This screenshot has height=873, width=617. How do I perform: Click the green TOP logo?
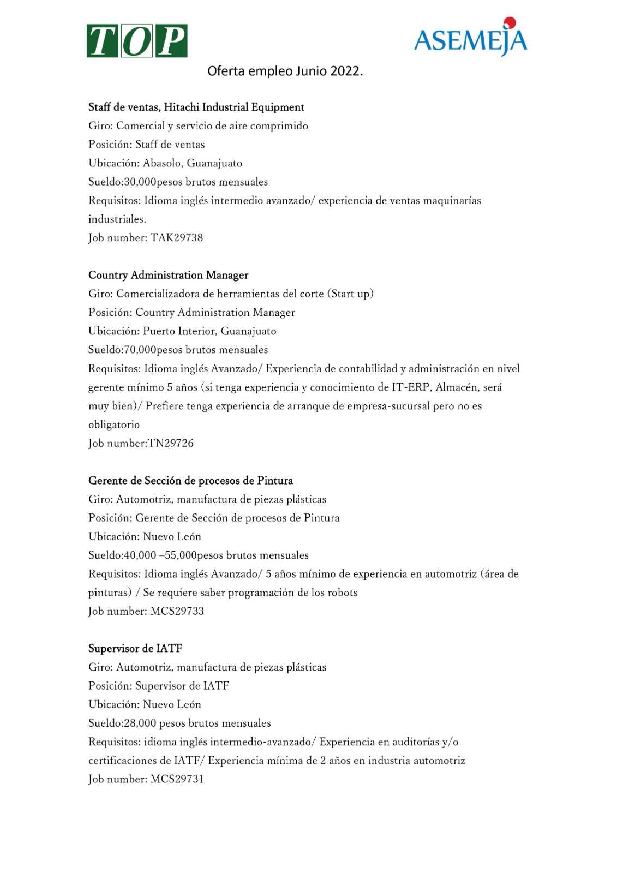pos(137,41)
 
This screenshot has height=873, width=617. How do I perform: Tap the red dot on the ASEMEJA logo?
pos(510,23)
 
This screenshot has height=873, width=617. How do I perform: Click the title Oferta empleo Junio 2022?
pos(285,71)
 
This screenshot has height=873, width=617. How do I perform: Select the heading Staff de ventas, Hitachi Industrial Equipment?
pos(196,107)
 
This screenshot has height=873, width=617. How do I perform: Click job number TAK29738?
pos(177,238)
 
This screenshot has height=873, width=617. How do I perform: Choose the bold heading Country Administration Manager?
pos(169,275)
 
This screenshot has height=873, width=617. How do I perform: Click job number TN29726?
pos(171,443)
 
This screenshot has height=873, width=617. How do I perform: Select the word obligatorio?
pos(114,424)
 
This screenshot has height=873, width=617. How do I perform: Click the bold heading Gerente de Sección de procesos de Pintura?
pos(191,481)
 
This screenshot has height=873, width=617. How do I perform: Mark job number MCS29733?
pos(177,611)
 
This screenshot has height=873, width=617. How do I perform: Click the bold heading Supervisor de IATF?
pos(135,649)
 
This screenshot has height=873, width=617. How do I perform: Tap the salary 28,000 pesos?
pos(153,723)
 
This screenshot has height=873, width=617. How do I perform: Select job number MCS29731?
pos(177,779)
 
